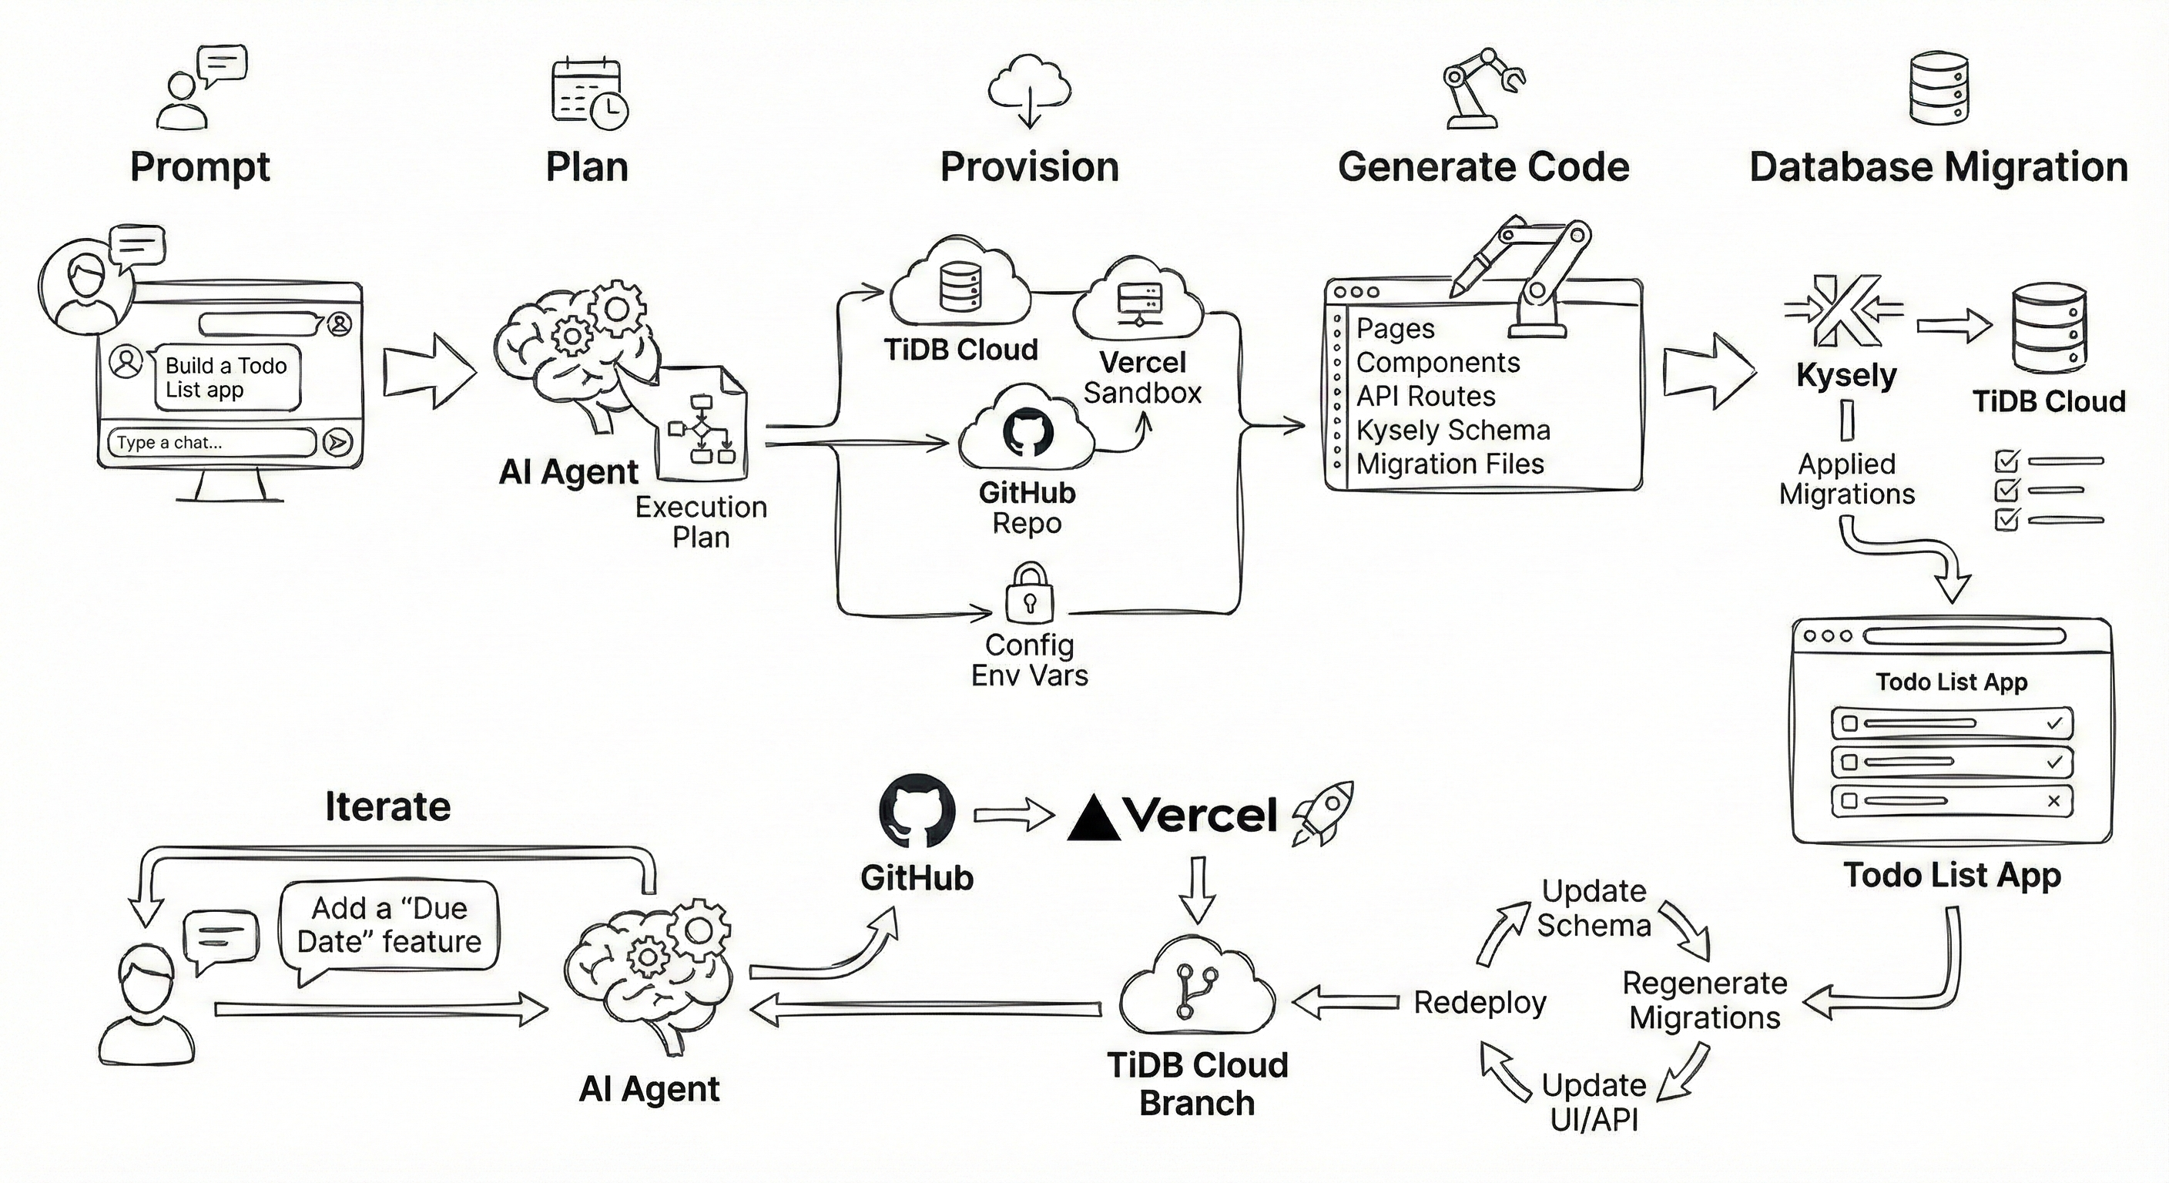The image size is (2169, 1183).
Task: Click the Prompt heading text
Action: (199, 166)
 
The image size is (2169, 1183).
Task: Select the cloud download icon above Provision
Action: (1029, 90)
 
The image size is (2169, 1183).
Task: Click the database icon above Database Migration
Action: (1937, 88)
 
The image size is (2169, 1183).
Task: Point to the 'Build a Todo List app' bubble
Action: (226, 377)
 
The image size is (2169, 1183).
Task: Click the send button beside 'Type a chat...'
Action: (337, 442)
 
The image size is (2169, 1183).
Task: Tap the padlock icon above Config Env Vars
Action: (1029, 593)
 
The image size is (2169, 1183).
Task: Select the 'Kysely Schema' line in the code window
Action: (1453, 431)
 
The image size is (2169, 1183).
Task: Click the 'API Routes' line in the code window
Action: (1426, 396)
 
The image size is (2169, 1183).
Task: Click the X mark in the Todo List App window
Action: (2053, 801)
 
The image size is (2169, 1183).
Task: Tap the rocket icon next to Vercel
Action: (1323, 813)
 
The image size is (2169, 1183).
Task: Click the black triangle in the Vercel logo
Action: (1093, 819)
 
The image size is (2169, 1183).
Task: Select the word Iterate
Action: (387, 806)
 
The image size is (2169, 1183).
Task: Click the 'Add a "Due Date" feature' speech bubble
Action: (388, 925)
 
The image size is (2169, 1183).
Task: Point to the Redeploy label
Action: (1480, 1003)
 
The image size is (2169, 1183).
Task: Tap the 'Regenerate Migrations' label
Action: (1705, 1000)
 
